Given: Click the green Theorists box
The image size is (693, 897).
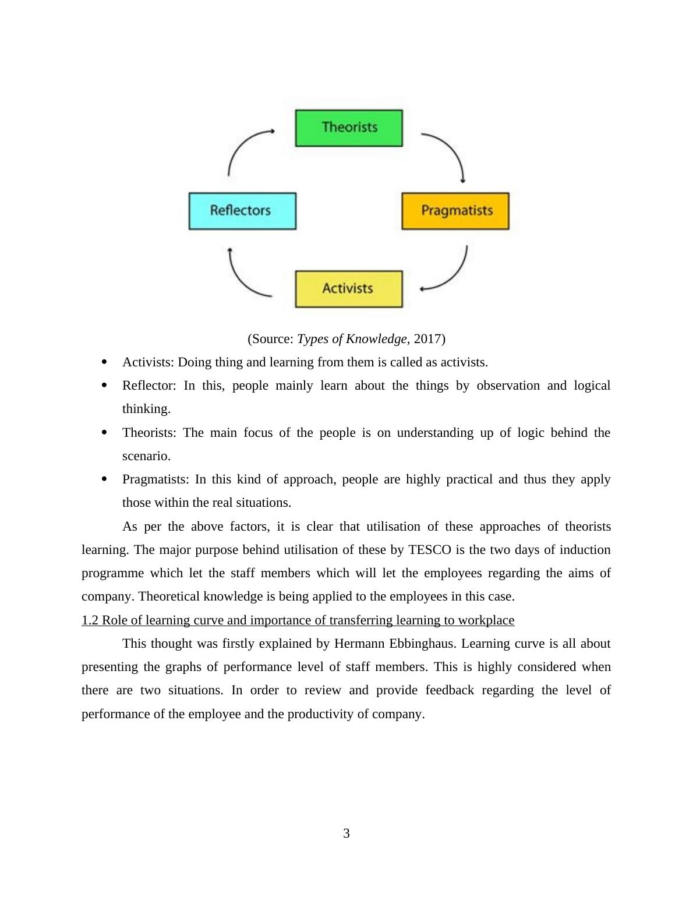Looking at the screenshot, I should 349,128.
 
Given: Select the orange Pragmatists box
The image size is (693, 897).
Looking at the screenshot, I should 455,211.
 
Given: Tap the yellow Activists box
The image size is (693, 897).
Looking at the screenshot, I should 349,289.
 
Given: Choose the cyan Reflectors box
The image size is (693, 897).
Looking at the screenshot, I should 242,211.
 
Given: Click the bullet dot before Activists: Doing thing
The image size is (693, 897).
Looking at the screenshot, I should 104,362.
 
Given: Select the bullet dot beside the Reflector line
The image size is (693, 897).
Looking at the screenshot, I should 104,385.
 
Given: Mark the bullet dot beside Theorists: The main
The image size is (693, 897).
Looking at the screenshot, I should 104,432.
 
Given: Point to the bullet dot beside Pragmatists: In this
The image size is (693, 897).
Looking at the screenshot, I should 104,479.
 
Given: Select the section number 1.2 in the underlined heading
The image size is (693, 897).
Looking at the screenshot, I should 90,620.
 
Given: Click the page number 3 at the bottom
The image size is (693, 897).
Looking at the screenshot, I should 346,834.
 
